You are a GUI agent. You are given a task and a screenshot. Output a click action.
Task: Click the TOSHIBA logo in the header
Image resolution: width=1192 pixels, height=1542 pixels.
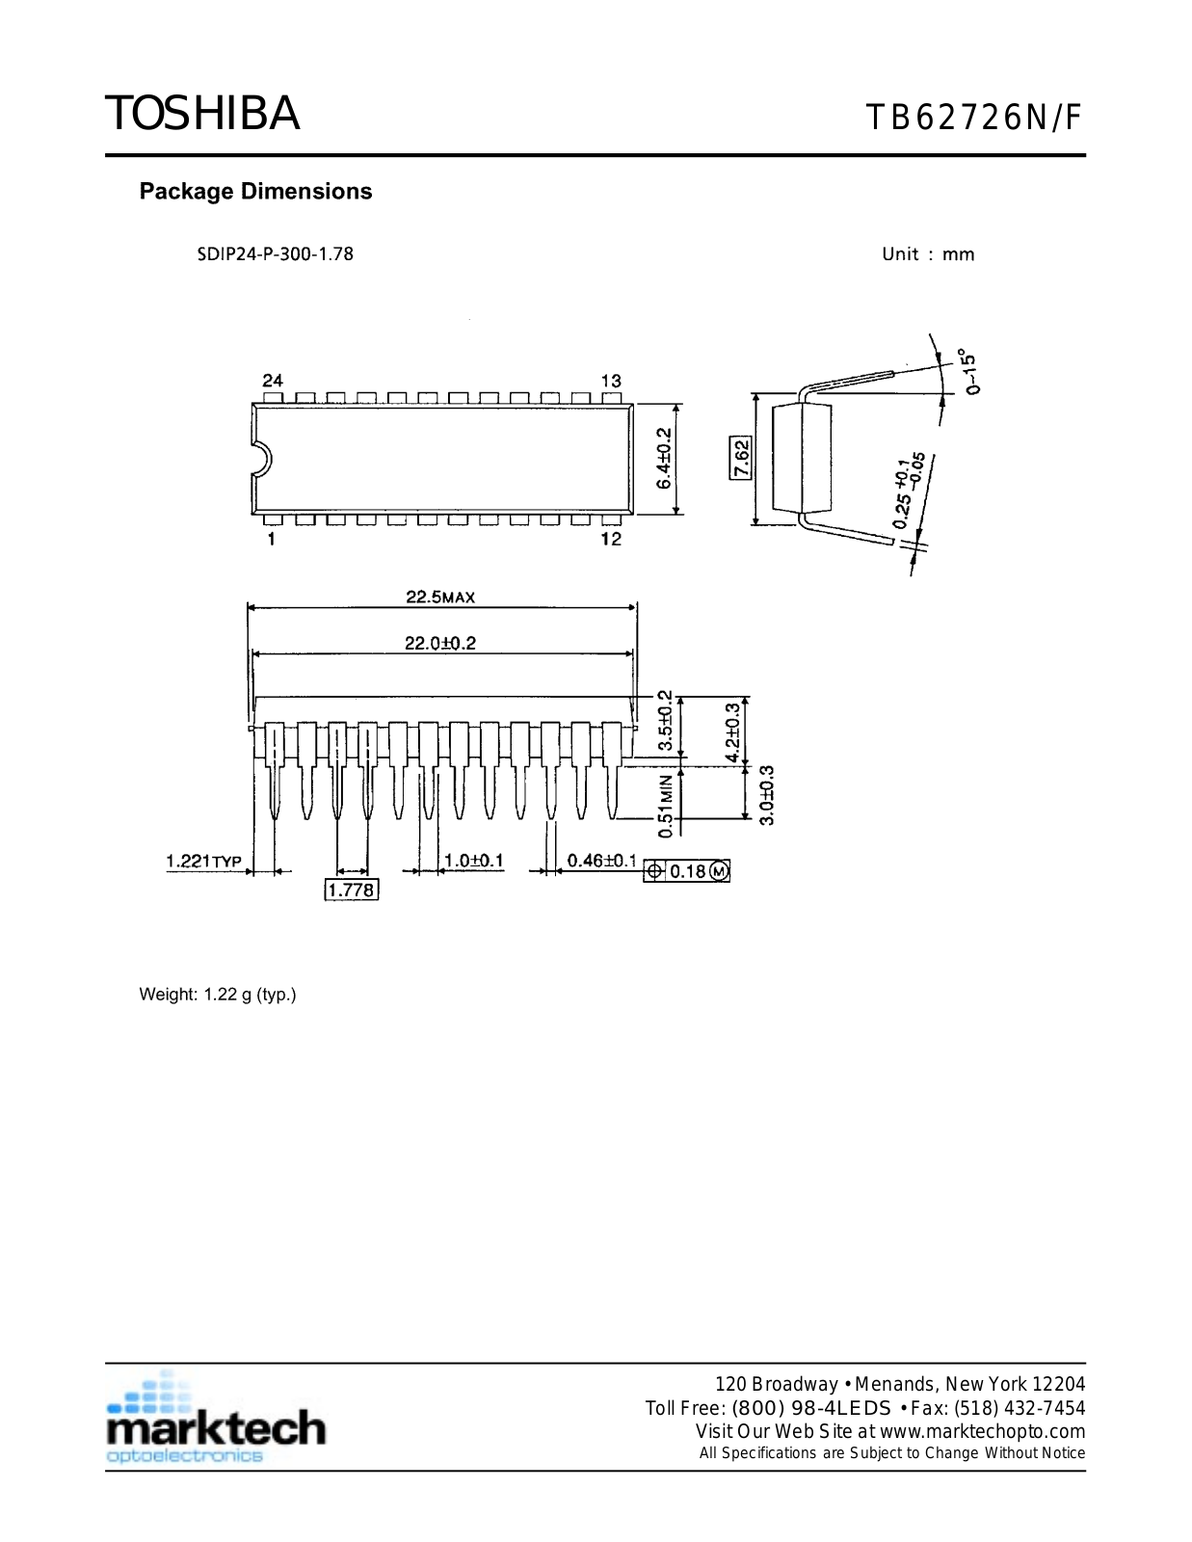point(202,114)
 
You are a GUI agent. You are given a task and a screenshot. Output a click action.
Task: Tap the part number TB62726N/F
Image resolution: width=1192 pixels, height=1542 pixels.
point(974,118)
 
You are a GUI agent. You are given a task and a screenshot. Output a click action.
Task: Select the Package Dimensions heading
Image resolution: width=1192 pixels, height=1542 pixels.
point(255,191)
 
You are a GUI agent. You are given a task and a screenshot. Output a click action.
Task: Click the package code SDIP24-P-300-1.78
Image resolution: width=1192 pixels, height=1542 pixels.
point(276,254)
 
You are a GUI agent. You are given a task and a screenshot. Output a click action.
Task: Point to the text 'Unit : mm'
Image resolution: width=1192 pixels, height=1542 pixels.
point(928,254)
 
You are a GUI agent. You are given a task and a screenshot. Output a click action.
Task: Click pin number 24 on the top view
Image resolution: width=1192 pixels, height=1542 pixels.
point(273,381)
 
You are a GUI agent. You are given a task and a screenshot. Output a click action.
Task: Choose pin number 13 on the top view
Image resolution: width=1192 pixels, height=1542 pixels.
point(611,381)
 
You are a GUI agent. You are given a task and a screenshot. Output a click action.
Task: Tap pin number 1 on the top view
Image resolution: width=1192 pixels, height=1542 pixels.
point(272,539)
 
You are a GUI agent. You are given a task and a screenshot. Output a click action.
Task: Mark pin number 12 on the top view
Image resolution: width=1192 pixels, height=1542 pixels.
point(611,539)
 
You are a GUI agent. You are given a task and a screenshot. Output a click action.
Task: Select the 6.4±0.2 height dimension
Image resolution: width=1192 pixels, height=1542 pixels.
point(664,459)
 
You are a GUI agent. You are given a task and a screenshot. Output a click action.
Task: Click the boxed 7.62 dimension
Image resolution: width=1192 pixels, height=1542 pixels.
point(740,458)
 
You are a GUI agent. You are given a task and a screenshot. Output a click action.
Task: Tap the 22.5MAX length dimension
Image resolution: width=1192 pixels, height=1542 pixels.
point(440,598)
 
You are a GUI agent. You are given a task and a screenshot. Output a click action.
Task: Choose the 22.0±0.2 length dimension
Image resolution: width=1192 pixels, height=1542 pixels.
point(440,643)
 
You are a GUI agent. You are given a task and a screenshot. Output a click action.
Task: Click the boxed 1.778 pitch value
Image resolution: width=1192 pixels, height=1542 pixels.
point(351,890)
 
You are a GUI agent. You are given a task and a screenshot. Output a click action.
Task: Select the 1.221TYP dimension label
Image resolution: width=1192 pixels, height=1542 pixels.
point(203,861)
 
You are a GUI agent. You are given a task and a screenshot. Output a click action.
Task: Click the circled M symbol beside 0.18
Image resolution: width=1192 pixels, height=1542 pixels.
point(720,871)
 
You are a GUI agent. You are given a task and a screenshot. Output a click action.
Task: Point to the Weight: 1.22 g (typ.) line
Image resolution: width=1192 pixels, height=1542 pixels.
point(218,995)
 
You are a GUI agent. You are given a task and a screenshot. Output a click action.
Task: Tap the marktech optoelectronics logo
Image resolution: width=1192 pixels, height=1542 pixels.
point(216,1422)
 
